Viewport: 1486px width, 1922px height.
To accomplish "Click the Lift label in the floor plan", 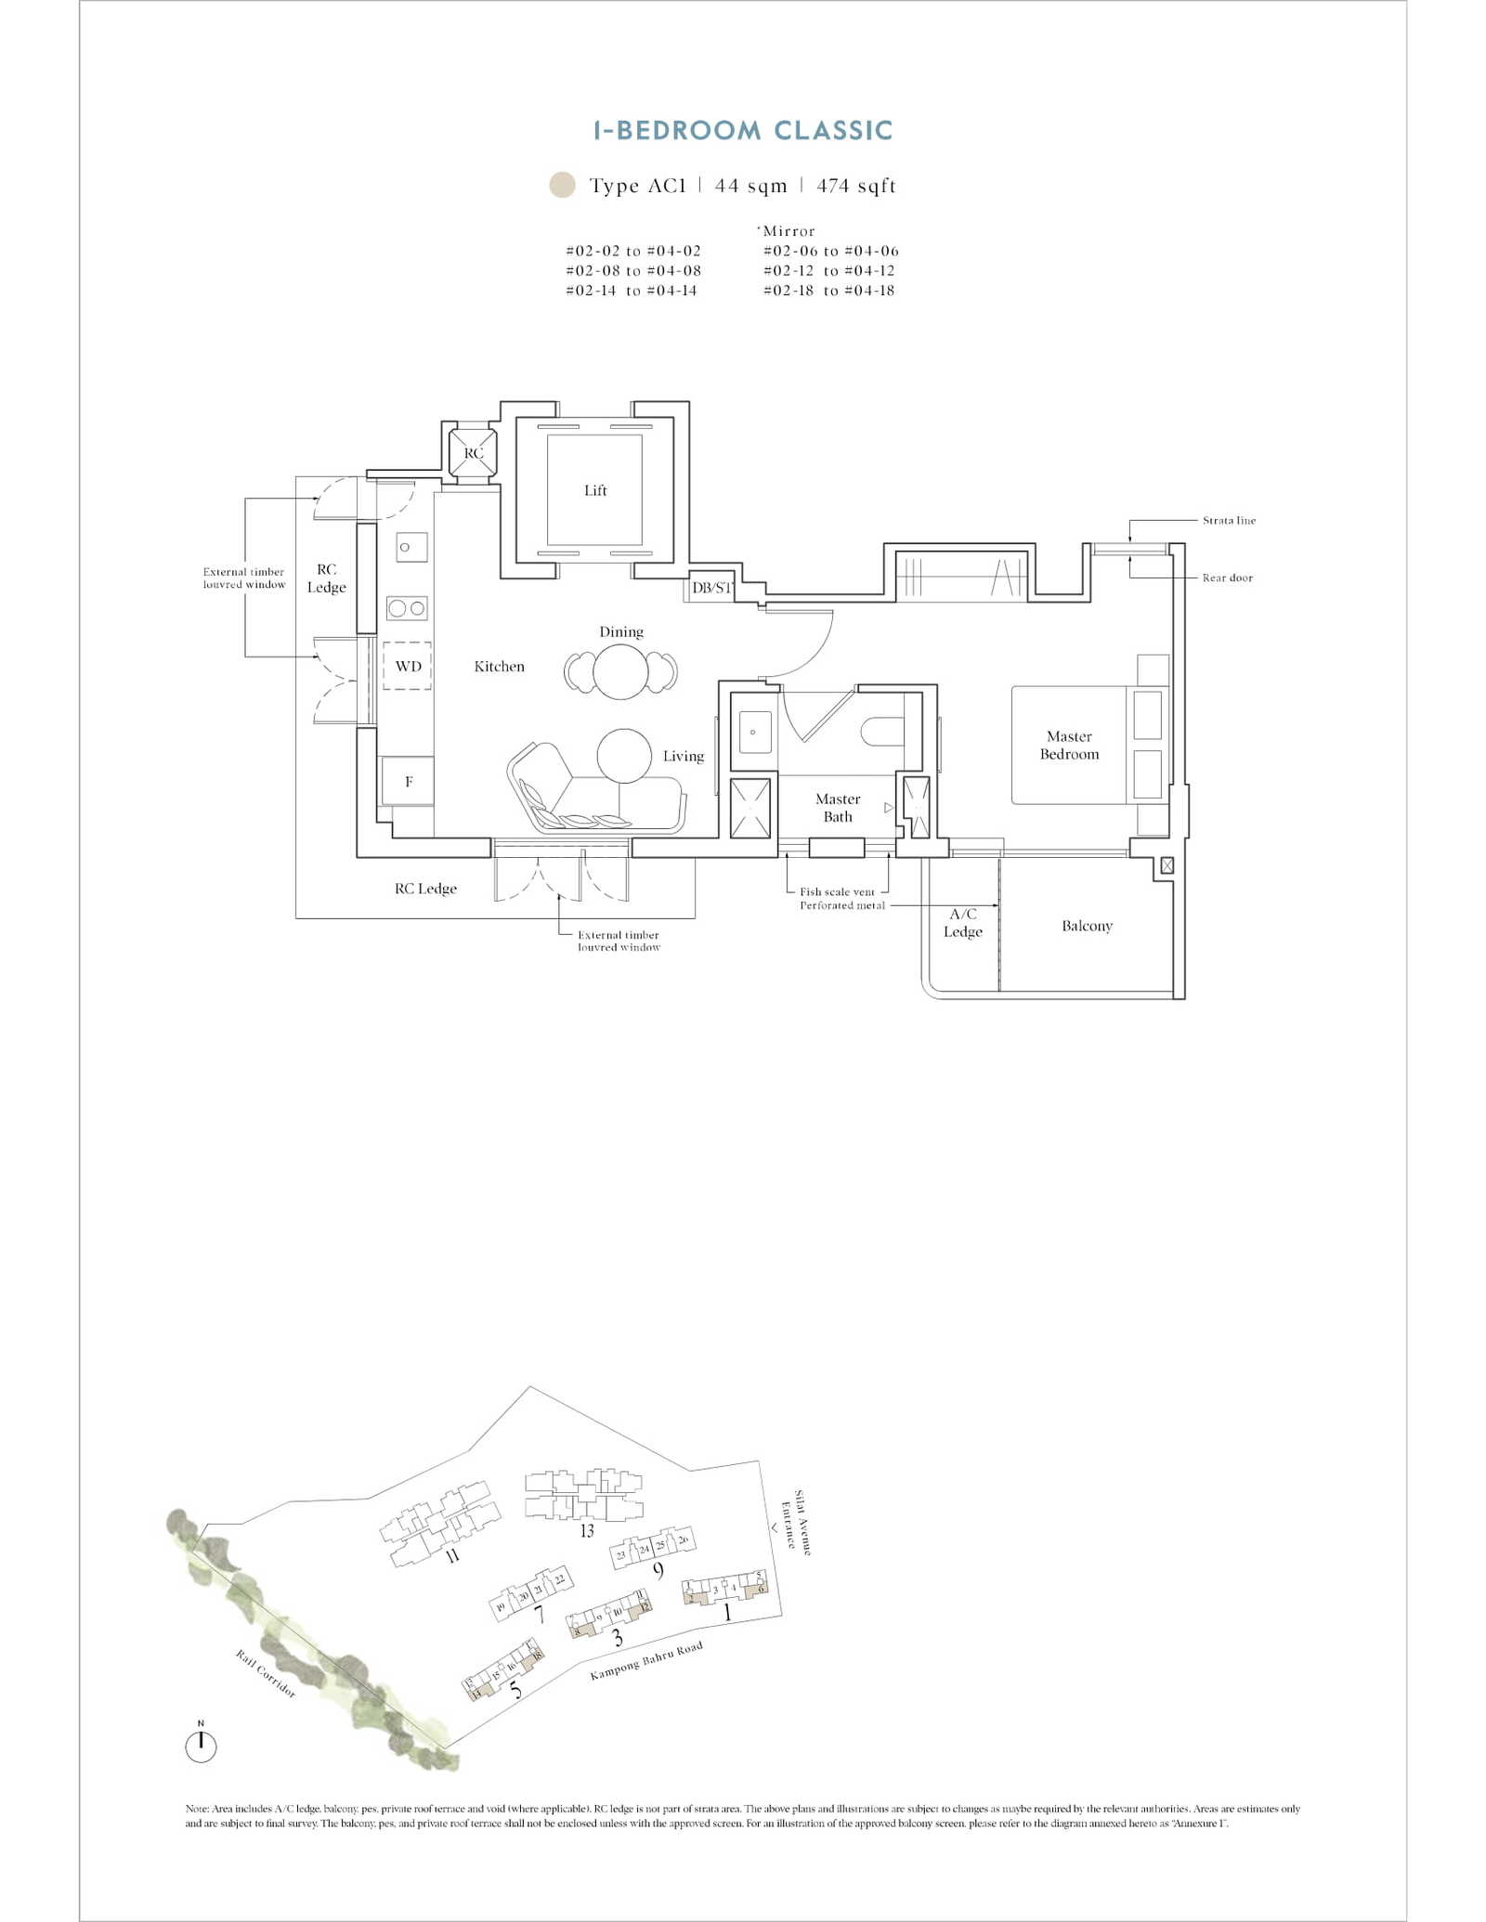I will click(x=595, y=490).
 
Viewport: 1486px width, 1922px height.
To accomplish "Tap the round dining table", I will click(x=620, y=670).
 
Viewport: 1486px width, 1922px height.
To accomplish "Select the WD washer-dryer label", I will click(x=408, y=666).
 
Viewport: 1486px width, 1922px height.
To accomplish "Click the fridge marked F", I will click(x=408, y=782).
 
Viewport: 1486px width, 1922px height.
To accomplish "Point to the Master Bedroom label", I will click(x=1069, y=746).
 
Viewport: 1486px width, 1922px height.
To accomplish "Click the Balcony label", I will click(x=1087, y=926).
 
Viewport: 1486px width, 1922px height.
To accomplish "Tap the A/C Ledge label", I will click(x=963, y=923).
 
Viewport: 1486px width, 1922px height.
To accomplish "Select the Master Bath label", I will click(x=838, y=808).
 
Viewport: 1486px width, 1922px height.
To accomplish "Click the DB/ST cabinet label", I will click(x=711, y=588).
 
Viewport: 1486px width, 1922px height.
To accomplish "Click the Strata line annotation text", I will click(x=1229, y=521).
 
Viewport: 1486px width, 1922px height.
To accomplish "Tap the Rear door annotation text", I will click(x=1227, y=578).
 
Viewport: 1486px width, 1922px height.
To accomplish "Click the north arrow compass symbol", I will click(x=201, y=1747).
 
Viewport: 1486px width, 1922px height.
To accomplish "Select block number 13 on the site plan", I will click(x=587, y=1530).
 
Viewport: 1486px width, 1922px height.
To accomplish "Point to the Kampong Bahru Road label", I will click(x=646, y=1660).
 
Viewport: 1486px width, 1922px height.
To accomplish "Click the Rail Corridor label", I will click(x=266, y=1673).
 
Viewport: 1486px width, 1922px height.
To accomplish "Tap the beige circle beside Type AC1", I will click(x=562, y=185).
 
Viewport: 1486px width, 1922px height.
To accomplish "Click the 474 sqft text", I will click(x=856, y=186).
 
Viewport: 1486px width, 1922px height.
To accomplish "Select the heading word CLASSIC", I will click(x=833, y=131).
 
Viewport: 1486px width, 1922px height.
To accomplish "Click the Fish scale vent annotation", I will click(x=837, y=891).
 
